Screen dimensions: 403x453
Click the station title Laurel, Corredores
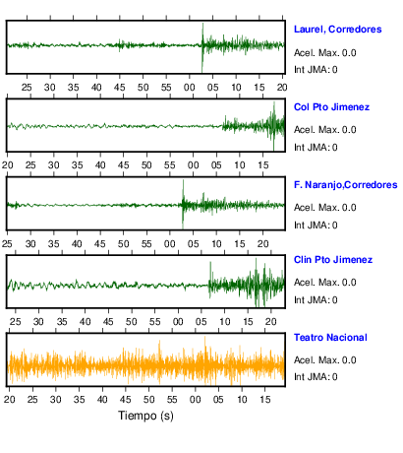(x=338, y=30)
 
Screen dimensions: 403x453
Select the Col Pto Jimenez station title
(x=331, y=107)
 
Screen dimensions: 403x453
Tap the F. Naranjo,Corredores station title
(x=346, y=185)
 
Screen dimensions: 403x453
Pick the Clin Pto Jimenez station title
(x=333, y=260)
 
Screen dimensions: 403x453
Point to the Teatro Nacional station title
(x=330, y=338)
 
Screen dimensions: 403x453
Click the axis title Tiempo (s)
(x=145, y=416)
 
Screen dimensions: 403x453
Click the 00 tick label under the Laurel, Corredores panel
(x=190, y=88)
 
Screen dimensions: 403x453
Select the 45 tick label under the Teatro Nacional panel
(x=126, y=400)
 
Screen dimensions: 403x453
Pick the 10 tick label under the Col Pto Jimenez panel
(x=240, y=165)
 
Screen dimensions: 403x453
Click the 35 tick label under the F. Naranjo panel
(x=54, y=244)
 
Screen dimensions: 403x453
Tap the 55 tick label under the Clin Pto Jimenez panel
(x=155, y=321)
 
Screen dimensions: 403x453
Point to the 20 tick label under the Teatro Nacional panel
(x=10, y=400)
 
